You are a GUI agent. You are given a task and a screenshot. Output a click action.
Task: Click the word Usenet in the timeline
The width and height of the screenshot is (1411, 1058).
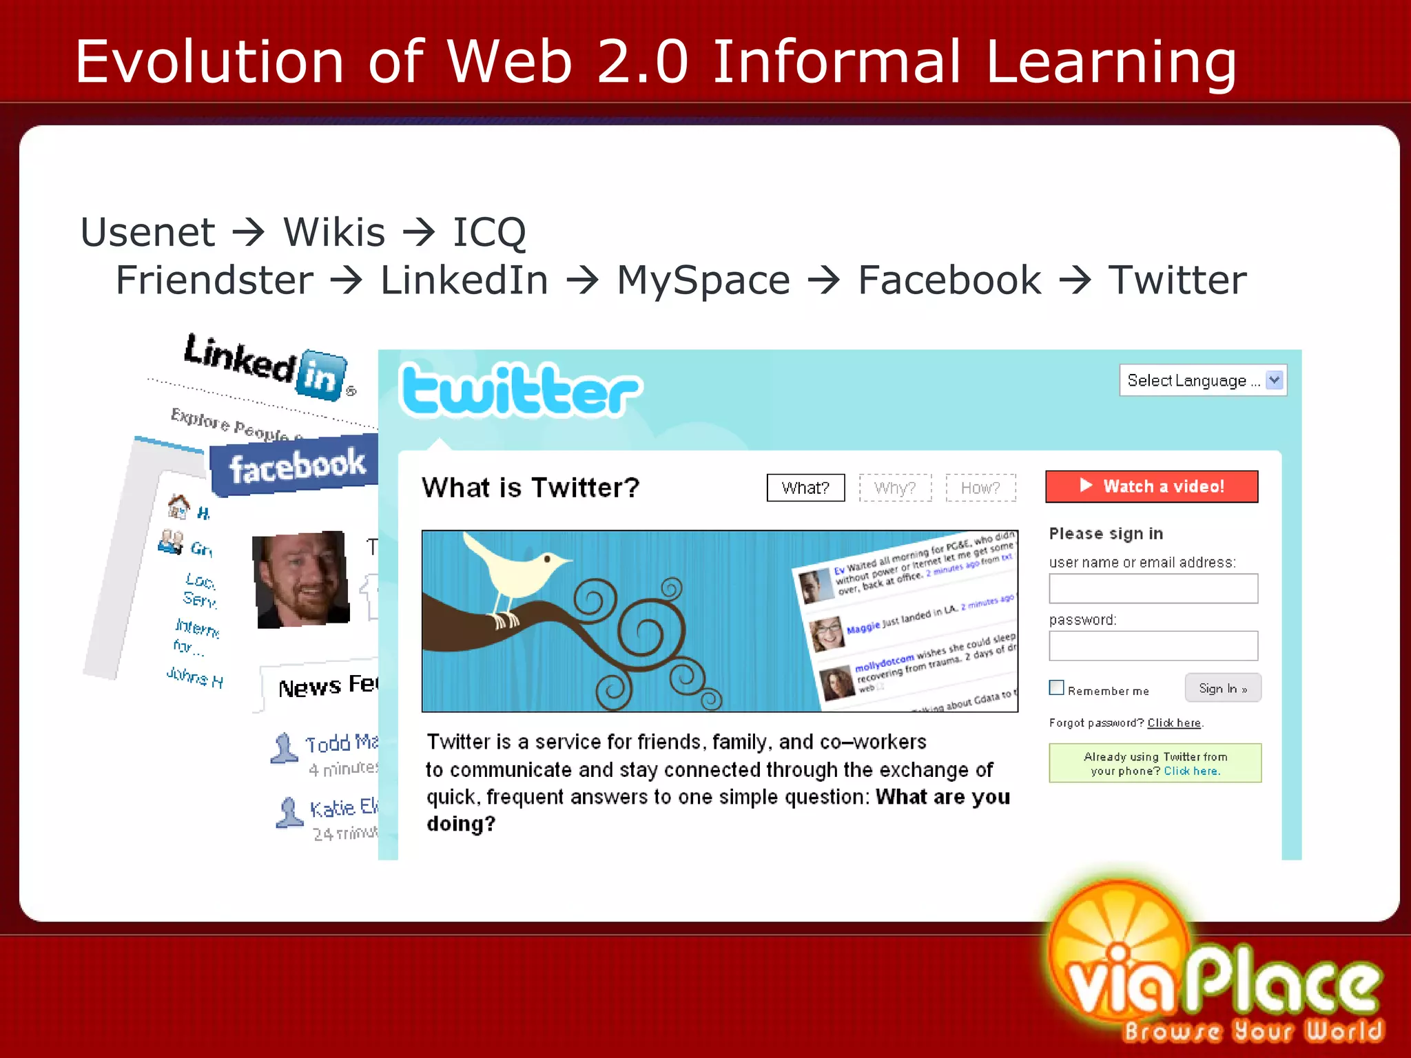147,232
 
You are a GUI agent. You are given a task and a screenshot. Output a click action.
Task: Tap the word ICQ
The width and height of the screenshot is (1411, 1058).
489,232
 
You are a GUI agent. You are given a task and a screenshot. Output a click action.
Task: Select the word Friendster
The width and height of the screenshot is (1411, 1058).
214,280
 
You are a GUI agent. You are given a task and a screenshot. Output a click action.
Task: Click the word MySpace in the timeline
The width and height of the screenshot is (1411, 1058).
703,280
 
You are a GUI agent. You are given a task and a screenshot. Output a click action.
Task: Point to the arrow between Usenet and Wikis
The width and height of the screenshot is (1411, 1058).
249,232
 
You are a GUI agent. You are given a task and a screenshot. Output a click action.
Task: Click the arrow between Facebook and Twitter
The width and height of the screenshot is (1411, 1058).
1074,280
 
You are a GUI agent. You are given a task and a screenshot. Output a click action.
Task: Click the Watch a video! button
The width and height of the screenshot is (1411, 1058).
1151,486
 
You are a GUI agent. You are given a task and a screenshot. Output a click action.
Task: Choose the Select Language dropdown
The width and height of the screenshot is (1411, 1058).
1202,380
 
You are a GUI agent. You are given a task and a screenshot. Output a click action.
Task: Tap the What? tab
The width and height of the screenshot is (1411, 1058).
805,488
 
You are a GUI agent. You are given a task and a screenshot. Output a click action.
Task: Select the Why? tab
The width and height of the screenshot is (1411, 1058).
895,488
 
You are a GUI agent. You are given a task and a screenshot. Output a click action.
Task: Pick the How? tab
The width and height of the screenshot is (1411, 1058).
980,488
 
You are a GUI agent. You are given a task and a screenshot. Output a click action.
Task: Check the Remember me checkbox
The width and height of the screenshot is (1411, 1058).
1056,687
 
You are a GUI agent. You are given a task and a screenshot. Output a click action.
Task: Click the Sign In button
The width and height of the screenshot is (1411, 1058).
1223,688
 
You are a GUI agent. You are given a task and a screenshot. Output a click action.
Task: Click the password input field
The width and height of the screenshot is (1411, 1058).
1153,646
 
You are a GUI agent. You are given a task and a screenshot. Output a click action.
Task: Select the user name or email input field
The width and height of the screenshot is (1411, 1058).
1153,588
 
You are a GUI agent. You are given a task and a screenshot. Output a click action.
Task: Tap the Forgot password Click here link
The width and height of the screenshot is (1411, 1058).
1173,723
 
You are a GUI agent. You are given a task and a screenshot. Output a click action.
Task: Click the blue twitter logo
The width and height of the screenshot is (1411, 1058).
521,391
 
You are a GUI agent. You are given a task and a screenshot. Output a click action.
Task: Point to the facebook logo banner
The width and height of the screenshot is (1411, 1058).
296,466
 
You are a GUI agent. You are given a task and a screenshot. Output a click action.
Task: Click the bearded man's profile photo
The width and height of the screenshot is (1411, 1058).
301,579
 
